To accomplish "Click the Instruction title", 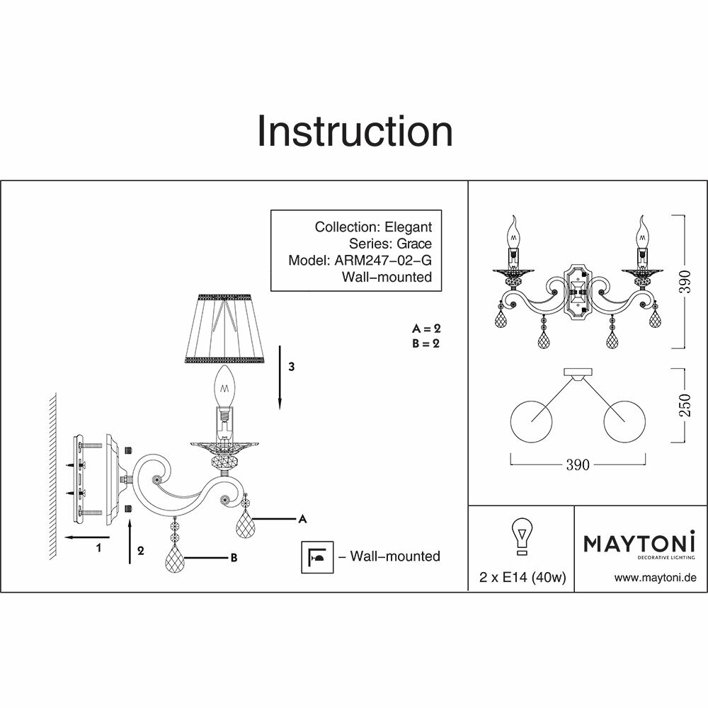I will tap(354, 132).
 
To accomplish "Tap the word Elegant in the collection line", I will tap(408, 227).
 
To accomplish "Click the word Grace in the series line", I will tap(414, 244).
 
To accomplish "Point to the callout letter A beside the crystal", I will tap(302, 519).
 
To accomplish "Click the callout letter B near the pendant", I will tap(232, 558).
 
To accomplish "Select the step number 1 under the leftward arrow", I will tap(99, 547).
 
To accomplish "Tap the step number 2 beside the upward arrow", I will tap(142, 550).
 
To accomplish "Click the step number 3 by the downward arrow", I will tap(291, 367).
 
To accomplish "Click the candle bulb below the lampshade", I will tap(225, 386).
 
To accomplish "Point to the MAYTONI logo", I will tap(639, 544).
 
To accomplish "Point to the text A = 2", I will tap(427, 329).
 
